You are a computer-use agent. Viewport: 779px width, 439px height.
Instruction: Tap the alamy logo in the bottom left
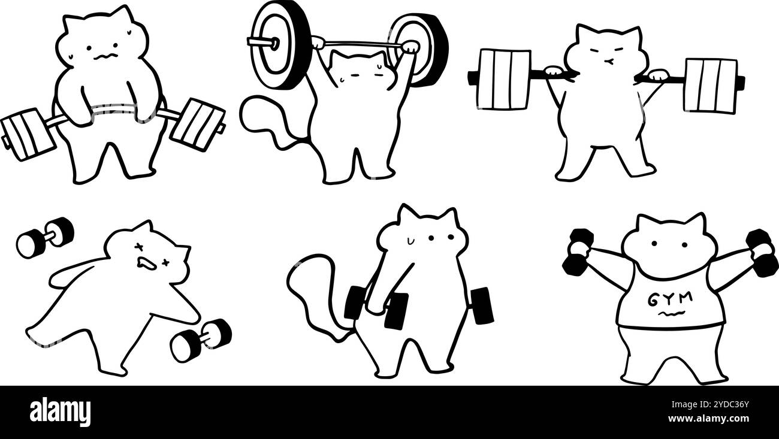click(61, 412)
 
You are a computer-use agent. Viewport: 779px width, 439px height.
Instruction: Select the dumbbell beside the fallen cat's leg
click(201, 340)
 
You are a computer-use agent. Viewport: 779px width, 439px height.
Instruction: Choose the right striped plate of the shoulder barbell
click(710, 85)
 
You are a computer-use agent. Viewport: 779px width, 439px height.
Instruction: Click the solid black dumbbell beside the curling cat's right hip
click(482, 305)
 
